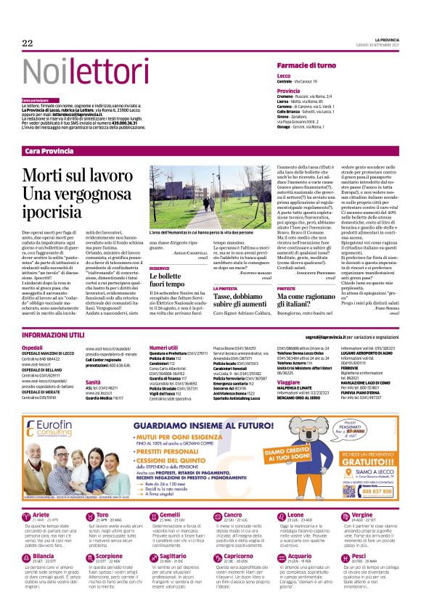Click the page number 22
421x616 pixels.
click(28, 44)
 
